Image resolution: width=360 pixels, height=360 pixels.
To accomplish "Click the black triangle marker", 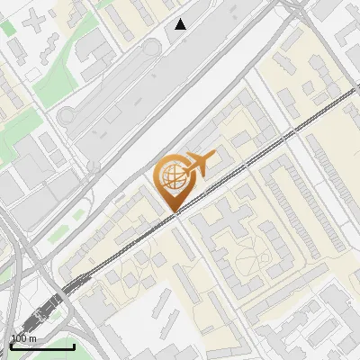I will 181,24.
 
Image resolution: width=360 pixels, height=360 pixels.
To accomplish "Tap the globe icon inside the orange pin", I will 171,177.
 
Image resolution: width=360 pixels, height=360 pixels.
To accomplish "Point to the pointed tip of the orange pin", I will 175,211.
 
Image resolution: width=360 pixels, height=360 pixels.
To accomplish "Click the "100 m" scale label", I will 23,337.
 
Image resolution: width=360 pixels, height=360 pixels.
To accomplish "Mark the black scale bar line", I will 41,346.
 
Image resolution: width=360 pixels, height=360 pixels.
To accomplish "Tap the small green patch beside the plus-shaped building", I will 9,27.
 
